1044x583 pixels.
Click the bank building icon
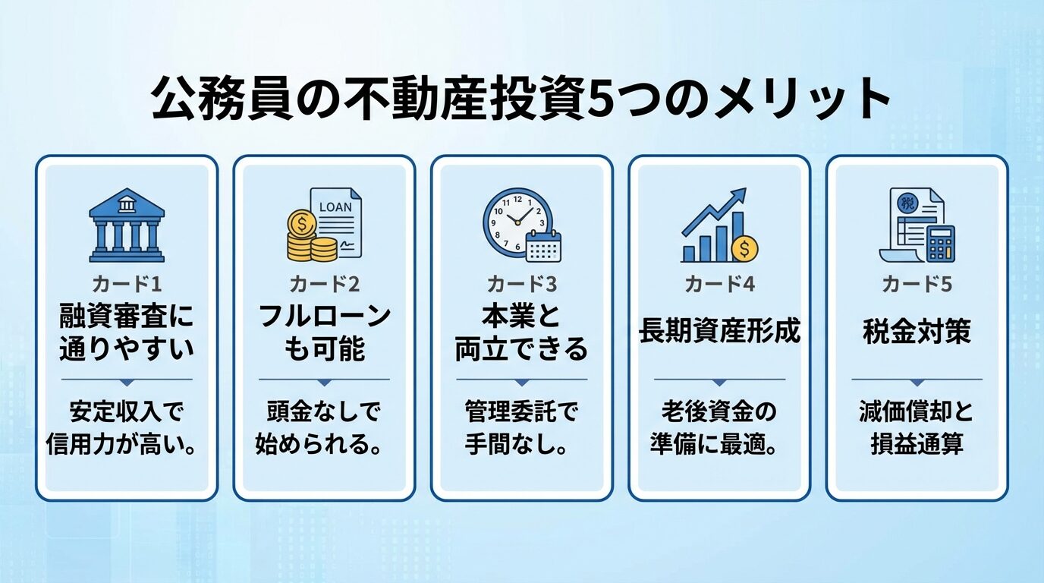pos(127,225)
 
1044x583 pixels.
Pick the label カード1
pos(127,285)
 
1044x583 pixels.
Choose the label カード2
pos(324,285)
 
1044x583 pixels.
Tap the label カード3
pos(521,285)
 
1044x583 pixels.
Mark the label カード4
pos(719,285)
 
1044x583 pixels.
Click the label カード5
pos(917,285)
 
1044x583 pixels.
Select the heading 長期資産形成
pos(719,332)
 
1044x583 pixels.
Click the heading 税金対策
pos(917,332)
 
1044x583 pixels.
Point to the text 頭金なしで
pos(324,412)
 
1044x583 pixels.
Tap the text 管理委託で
pos(521,412)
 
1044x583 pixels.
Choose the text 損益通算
pos(917,443)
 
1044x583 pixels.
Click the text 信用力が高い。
pos(127,443)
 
